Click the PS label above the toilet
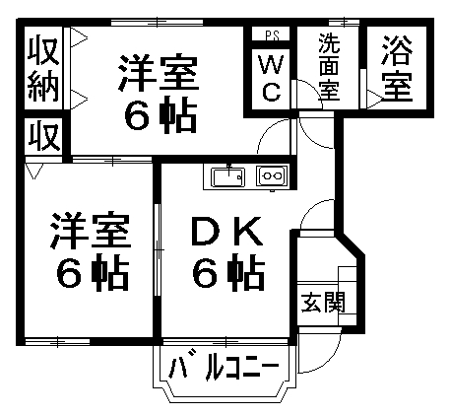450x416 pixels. (x=272, y=35)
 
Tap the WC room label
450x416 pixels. (x=271, y=79)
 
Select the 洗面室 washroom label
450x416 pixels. (x=329, y=67)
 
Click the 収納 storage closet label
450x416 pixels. (x=43, y=70)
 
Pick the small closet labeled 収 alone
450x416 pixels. (x=44, y=136)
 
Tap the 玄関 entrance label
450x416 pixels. (x=324, y=303)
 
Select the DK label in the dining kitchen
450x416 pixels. (x=227, y=231)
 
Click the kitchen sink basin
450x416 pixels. (x=228, y=176)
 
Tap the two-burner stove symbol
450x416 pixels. (x=273, y=175)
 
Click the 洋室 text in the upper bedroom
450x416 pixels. (x=159, y=73)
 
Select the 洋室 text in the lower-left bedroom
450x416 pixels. (x=91, y=231)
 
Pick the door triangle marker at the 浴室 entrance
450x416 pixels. (x=375, y=99)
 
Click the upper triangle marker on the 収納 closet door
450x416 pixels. (x=79, y=38)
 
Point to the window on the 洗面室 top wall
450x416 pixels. (x=344, y=23)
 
